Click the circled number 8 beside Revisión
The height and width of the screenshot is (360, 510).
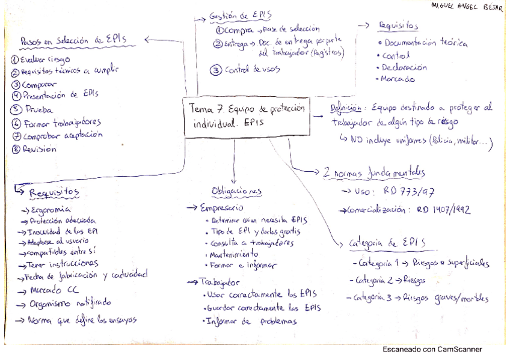point(16,150)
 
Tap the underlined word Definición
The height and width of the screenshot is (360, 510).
point(346,109)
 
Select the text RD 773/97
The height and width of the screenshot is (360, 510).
point(408,192)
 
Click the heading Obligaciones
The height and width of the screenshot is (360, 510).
point(237,191)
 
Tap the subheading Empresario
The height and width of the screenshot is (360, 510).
point(222,207)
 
